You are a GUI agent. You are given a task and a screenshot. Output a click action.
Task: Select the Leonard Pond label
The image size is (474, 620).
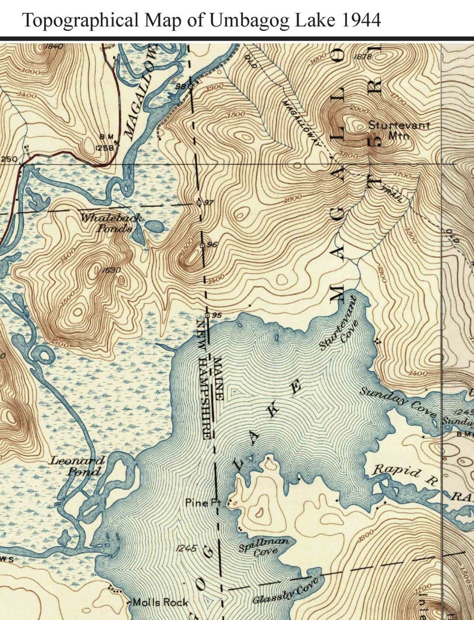tap(77, 466)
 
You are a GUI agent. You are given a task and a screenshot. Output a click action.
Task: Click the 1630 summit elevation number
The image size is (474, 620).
tap(112, 271)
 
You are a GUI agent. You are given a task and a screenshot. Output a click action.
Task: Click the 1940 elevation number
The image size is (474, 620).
tap(53, 46)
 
